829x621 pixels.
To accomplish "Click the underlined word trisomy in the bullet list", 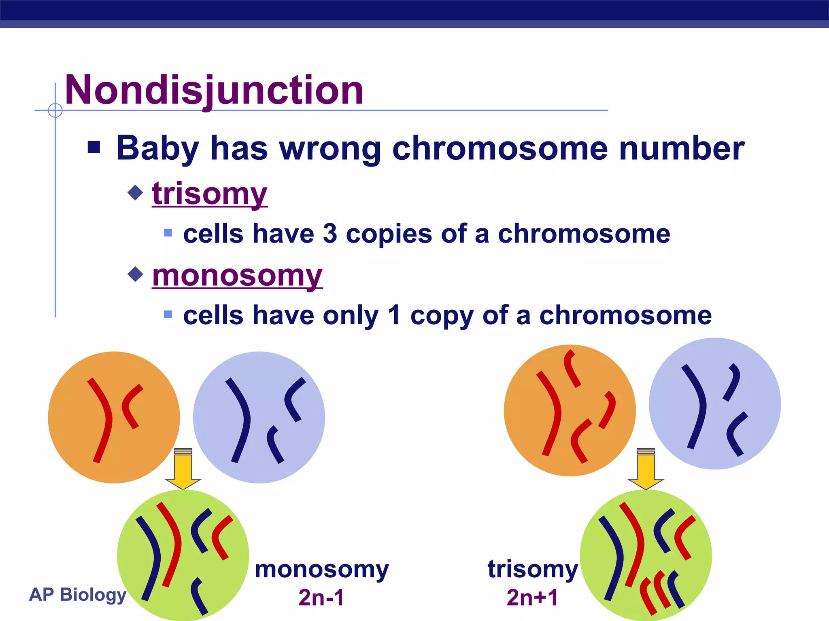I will [x=210, y=194].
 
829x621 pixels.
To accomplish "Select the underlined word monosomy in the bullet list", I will [x=237, y=276].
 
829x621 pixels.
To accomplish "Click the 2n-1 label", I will [x=321, y=597].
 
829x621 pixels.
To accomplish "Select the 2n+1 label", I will [x=532, y=597].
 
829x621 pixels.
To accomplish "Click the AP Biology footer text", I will [x=78, y=594].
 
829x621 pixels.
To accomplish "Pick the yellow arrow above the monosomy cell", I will [x=183, y=469].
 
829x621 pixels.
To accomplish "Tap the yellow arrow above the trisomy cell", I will [x=646, y=469].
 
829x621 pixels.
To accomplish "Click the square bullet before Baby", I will [x=94, y=147].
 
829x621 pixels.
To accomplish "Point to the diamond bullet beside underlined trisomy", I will [x=135, y=192].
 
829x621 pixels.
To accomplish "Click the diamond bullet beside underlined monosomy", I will [x=135, y=274].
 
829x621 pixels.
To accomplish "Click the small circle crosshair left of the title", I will [x=55, y=110].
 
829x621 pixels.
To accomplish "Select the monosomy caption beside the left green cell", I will [x=322, y=570].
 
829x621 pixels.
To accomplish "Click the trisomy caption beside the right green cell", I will [x=533, y=570].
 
